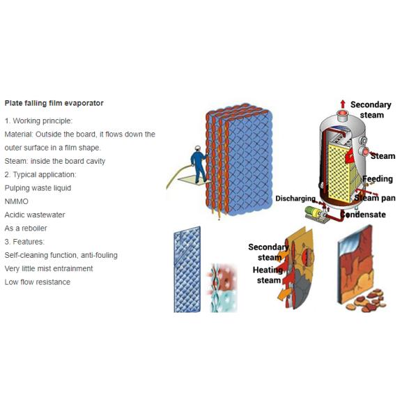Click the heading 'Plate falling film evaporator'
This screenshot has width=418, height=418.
pyautogui.click(x=54, y=103)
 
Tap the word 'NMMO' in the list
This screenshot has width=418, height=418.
pyautogui.click(x=16, y=201)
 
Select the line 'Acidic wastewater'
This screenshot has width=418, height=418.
pyautogui.click(x=35, y=215)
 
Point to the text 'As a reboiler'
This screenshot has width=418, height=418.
pyautogui.click(x=26, y=229)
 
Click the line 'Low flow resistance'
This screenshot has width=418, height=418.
pyautogui.click(x=38, y=282)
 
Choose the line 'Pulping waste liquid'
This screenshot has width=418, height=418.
pyautogui.click(x=38, y=188)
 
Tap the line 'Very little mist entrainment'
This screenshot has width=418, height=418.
pyautogui.click(x=49, y=269)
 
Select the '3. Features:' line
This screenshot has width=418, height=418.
pyautogui.click(x=24, y=242)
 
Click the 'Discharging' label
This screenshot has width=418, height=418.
pyautogui.click(x=295, y=199)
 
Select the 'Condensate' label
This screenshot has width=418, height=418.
pyautogui.click(x=363, y=215)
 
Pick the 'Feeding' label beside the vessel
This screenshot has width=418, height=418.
pyautogui.click(x=378, y=179)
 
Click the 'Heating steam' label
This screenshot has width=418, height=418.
pyautogui.click(x=268, y=275)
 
